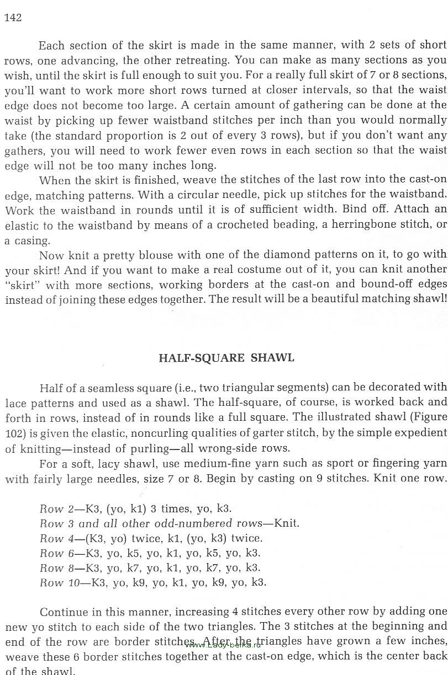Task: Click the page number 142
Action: (x=13, y=18)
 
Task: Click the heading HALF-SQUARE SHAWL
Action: (x=226, y=358)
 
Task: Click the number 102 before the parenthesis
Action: (x=14, y=433)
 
